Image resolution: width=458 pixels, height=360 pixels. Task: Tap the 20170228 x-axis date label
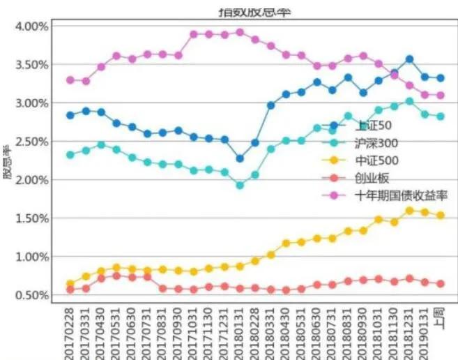coord(70,334)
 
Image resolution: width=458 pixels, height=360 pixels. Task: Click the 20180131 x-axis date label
coord(240,334)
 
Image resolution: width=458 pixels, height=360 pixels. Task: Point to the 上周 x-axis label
coord(441,322)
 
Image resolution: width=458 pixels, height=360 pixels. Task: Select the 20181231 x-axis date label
coord(410,334)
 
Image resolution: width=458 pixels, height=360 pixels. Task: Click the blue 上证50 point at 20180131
coord(240,158)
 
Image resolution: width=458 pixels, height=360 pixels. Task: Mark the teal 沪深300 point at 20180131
coord(240,186)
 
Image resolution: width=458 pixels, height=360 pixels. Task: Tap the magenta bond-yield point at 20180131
coord(240,32)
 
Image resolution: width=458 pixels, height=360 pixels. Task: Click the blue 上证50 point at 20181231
coord(410,59)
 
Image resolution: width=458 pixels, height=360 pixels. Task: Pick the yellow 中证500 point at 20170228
coord(70,284)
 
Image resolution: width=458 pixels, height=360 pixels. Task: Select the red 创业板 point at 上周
coord(441,284)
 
